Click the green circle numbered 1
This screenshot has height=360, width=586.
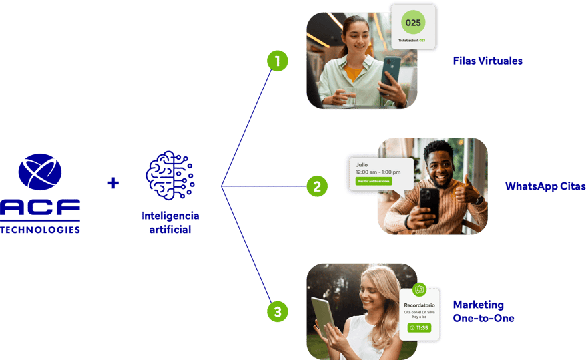[277, 61]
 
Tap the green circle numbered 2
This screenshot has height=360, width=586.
[316, 186]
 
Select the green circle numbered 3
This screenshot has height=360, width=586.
[278, 311]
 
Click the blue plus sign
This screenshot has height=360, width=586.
[113, 182]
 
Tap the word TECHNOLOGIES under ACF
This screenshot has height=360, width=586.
[40, 230]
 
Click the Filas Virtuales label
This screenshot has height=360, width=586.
[487, 61]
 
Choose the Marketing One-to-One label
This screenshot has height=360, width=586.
[483, 311]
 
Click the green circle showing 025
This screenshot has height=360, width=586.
[414, 23]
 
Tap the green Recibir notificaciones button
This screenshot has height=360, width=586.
[374, 181]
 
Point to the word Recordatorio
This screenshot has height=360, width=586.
[419, 305]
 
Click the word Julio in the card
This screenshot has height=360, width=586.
[362, 164]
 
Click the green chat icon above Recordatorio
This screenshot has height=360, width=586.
[419, 289]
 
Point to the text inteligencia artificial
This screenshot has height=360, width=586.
[170, 222]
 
